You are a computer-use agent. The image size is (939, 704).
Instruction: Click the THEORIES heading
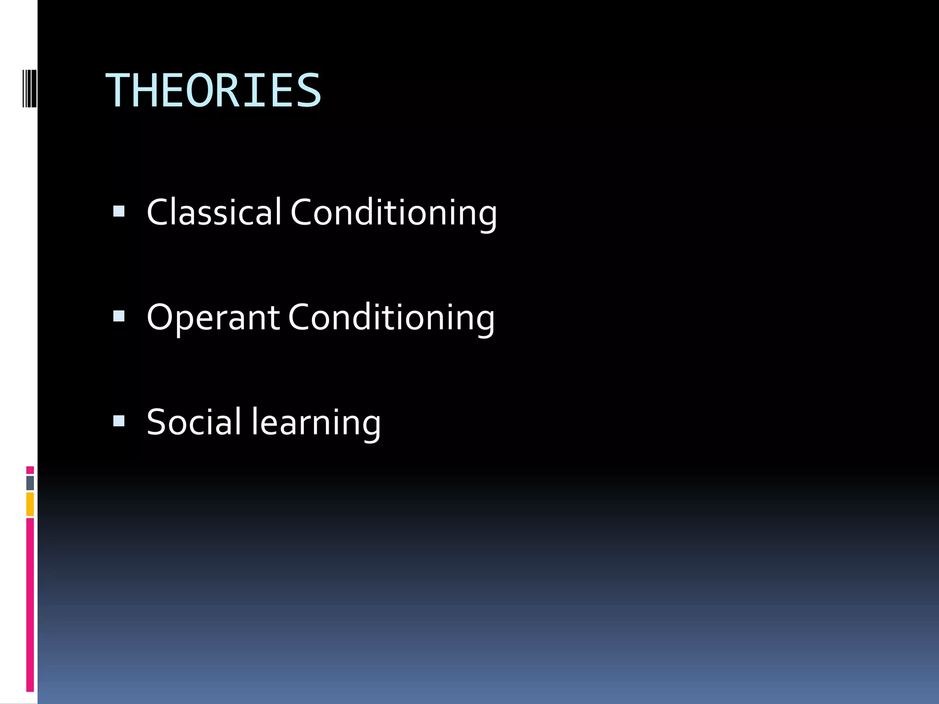pos(214,91)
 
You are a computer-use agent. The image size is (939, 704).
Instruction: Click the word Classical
pos(214,212)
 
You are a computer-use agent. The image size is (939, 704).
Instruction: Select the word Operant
pos(213,318)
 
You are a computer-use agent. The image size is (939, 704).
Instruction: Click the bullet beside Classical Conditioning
pos(119,211)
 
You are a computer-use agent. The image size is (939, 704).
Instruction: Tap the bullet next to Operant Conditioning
pos(119,316)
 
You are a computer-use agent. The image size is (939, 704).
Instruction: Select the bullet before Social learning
pos(119,421)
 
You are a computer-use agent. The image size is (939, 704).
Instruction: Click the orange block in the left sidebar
pos(30,504)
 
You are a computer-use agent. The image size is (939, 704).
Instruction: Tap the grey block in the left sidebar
pos(30,483)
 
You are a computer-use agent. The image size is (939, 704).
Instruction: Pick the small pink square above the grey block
pos(30,470)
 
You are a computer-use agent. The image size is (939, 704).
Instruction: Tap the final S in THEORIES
pos(309,91)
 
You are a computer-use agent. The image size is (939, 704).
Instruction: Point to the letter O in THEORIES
pos(200,91)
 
